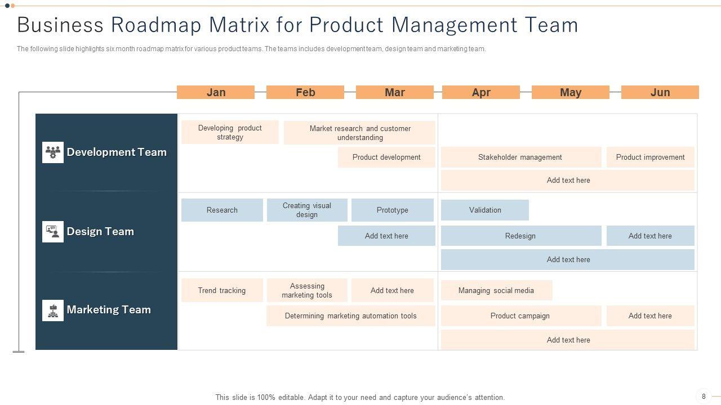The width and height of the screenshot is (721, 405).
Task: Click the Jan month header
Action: pos(216,92)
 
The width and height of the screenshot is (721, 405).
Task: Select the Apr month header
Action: pos(481,92)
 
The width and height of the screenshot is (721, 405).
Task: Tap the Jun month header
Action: pos(660,92)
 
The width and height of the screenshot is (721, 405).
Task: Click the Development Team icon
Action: pos(53,152)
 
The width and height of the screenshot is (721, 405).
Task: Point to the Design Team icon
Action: pos(53,231)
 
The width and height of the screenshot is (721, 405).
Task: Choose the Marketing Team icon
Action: pos(53,310)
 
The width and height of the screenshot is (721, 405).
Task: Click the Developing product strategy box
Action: pos(230,132)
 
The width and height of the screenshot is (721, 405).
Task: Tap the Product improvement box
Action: pos(650,157)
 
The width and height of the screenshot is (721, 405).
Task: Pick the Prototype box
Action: pos(393,210)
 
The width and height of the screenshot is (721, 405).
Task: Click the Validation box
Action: pos(485,210)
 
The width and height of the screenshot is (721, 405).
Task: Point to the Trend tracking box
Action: pos(222,290)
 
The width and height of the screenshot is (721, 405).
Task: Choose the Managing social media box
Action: pos(496,290)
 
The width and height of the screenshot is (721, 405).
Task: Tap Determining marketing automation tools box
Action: pos(350,316)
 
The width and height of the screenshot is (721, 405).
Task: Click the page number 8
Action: pos(704,397)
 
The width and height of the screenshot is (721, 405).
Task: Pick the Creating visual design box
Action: pos(307,210)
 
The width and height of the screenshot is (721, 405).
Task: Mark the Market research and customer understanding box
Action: pos(359,133)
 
